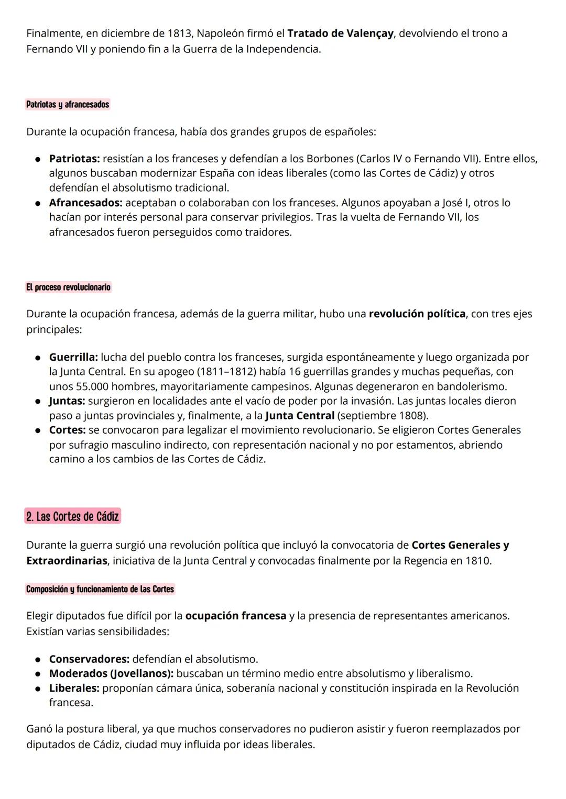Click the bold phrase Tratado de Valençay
(340, 34)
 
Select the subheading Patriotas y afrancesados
(68, 104)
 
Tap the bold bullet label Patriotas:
(74, 158)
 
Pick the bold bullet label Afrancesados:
(86, 203)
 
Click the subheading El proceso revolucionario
(68, 287)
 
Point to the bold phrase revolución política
(417, 314)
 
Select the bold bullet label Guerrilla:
(73, 357)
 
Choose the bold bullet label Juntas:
(67, 401)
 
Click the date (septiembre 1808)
(383, 416)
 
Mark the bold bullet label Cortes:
(67, 430)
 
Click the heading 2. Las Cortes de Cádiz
(73, 516)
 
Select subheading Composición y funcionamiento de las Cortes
(100, 589)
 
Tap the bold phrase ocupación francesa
(235, 616)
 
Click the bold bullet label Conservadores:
(89, 659)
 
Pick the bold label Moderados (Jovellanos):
(111, 673)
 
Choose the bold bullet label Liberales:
(74, 688)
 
